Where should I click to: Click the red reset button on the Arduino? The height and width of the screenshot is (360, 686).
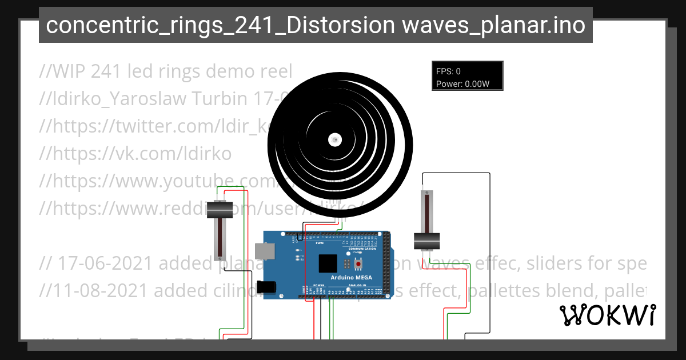(359, 264)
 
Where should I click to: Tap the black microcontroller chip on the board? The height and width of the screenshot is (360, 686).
(328, 263)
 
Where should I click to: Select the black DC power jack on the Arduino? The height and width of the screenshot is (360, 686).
(266, 287)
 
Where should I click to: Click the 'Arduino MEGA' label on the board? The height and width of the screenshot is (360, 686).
(352, 278)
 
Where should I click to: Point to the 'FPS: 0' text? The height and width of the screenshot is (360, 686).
(448, 71)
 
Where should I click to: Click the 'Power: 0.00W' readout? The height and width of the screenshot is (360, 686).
(462, 84)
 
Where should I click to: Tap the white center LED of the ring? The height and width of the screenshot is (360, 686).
(335, 139)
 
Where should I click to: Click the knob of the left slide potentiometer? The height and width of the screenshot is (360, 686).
(220, 210)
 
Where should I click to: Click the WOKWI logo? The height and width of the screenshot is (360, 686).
(607, 315)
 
